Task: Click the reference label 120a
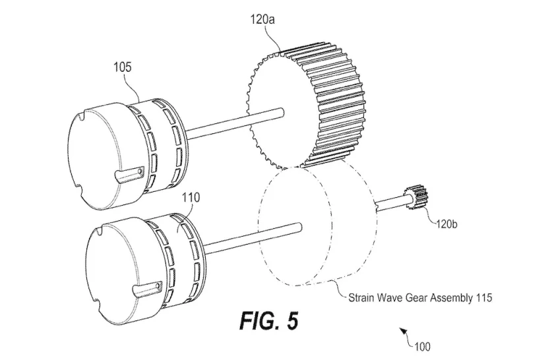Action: pyautogui.click(x=262, y=20)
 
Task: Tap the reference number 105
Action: pyautogui.click(x=123, y=67)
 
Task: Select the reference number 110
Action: pyautogui.click(x=191, y=197)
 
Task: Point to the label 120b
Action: pyautogui.click(x=446, y=224)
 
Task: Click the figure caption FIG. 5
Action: pyautogui.click(x=269, y=320)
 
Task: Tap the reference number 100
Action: pyautogui.click(x=422, y=346)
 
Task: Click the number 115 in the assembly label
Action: pyautogui.click(x=484, y=297)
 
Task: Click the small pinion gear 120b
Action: pyautogui.click(x=416, y=197)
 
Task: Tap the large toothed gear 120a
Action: pyautogui.click(x=307, y=105)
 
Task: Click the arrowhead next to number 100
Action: pyautogui.click(x=402, y=331)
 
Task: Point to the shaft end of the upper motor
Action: pyautogui.click(x=282, y=111)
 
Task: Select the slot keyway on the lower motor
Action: pyautogui.click(x=147, y=289)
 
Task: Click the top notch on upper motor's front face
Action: pyautogui.click(x=81, y=117)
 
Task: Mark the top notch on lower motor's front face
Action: pyautogui.click(x=100, y=229)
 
